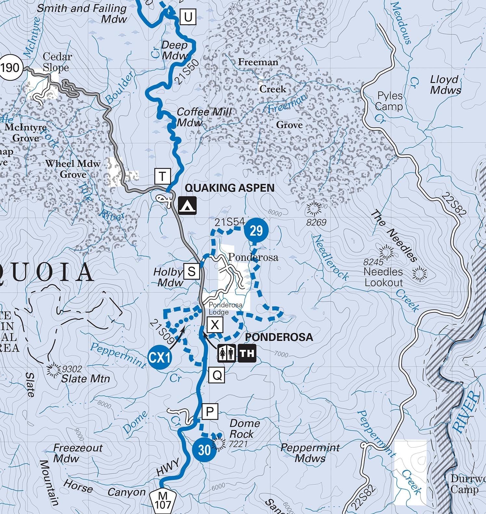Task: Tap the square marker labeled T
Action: coord(162,176)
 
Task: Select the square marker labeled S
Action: coord(191,271)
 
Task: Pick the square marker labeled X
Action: coord(215,325)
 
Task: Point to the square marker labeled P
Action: coord(210,412)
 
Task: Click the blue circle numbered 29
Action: coord(256,231)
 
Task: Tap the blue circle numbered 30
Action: coord(204,450)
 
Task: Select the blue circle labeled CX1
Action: coord(160,358)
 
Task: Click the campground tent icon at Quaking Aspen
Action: coord(187,205)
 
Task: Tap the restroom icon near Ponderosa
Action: coord(227,353)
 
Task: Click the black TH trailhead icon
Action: coord(247,353)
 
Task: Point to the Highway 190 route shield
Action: coord(10,68)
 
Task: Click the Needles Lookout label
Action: coord(383,277)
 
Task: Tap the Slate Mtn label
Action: coord(85,379)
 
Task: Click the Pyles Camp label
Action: coord(389,101)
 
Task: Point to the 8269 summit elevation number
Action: coord(316,223)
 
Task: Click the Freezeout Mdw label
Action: coord(77,453)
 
